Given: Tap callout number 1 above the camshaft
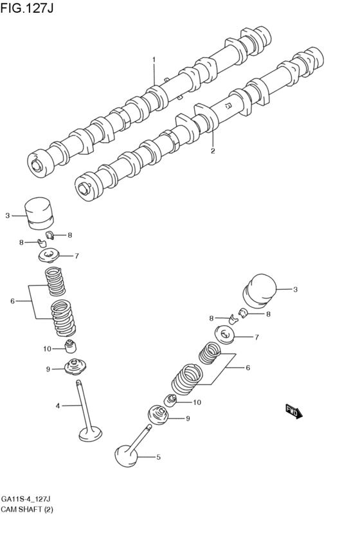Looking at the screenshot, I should coord(154,60).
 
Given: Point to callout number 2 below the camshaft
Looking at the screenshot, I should coord(213,152).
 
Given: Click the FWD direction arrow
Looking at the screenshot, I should coord(294,411).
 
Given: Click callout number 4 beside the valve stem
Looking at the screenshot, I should coord(57,406).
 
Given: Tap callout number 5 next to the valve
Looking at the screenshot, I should coord(158,458).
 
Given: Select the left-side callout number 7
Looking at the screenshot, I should coord(76,256).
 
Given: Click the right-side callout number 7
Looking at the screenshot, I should coord(256,337).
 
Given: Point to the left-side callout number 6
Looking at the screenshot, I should coord(12,301).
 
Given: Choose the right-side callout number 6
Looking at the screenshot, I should coord(248,368).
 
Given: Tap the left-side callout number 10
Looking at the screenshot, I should coord(47,349).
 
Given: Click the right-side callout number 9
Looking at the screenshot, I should coord(188,418).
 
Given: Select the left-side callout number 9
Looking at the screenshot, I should coord(48,369).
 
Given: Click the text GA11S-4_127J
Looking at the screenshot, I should coord(26,499).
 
